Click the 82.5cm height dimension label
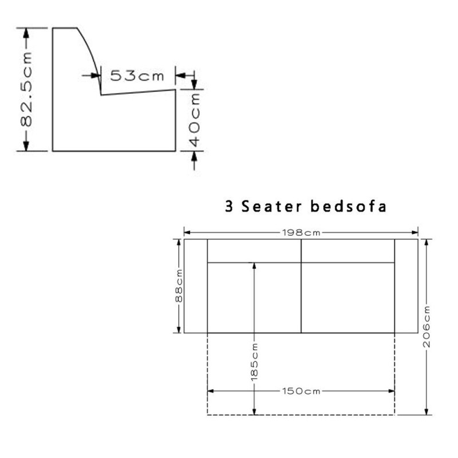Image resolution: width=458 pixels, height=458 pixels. tap(26, 89)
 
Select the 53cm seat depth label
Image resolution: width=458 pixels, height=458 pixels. tap(137, 76)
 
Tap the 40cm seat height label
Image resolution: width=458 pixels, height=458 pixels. tap(195, 120)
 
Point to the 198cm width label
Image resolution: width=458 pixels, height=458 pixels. tap(301, 233)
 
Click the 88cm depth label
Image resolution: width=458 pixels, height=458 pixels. tap(179, 286)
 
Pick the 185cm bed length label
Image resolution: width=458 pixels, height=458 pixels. tap(254, 362)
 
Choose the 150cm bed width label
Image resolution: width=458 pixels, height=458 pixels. tap(301, 391)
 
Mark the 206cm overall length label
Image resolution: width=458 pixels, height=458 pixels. tap(427, 326)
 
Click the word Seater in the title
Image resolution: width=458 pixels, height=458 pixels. tap(271, 206)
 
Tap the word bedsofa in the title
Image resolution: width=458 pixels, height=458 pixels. tap(349, 206)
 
